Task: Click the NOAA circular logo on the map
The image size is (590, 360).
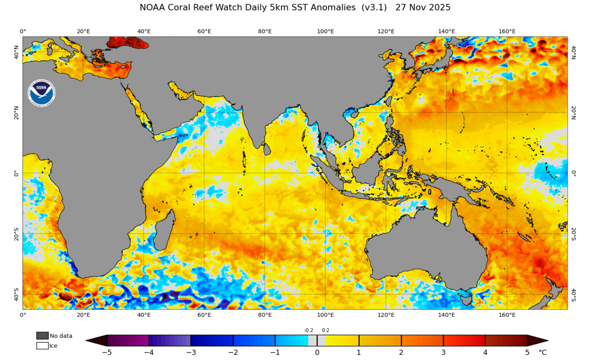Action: [41, 93]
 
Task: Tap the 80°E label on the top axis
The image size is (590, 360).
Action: [265, 31]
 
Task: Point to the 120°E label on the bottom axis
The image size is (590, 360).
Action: [386, 315]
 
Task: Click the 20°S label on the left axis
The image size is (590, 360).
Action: [17, 234]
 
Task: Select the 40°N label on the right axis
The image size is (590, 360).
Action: [573, 52]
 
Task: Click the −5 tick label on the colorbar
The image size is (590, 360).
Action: [107, 352]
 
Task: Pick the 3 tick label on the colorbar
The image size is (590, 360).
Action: [443, 352]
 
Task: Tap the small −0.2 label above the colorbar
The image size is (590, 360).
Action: [309, 330]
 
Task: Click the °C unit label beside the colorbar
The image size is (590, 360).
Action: [543, 352]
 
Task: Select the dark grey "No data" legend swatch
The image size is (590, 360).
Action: [42, 336]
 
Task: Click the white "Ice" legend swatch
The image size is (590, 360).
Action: [42, 345]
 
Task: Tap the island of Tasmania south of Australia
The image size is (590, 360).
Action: [466, 299]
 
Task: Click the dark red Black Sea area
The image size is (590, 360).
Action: [127, 42]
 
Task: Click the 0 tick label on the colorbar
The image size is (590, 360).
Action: [317, 352]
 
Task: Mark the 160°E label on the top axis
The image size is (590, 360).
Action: [507, 31]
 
